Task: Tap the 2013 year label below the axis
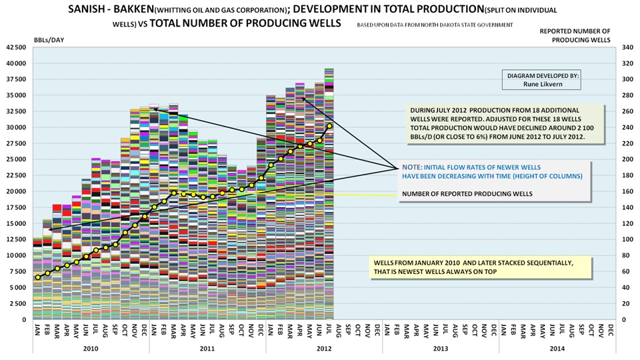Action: [440, 348]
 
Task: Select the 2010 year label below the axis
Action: [91, 348]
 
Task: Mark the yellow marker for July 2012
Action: [329, 125]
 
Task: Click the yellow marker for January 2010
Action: [37, 277]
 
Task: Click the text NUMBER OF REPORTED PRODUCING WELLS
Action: [467, 195]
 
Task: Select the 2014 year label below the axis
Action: [557, 348]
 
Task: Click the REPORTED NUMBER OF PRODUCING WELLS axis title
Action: [575, 35]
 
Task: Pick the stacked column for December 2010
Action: [145, 213]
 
